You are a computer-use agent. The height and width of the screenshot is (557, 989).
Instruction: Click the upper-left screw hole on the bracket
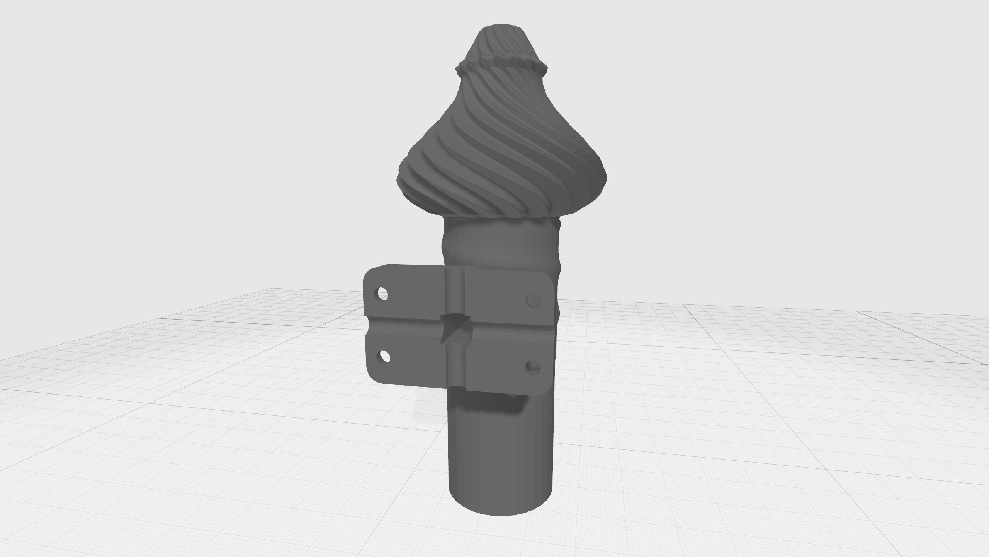(382, 294)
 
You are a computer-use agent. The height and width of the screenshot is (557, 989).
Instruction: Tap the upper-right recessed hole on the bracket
(534, 300)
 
